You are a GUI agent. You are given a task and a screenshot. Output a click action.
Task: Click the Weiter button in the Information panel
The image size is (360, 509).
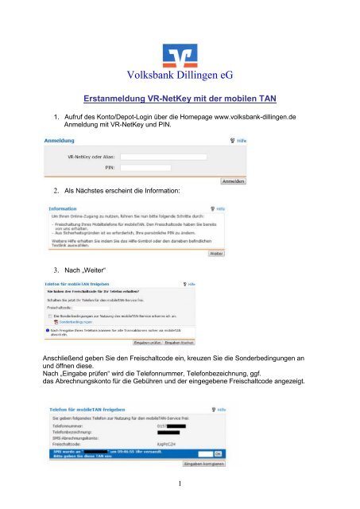[x=216, y=254]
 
